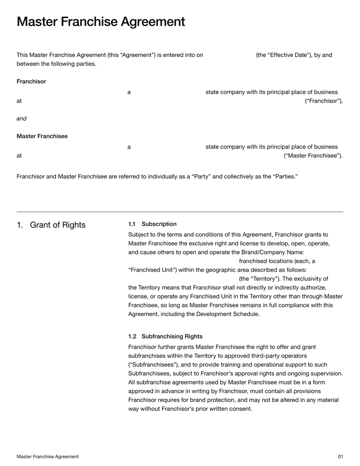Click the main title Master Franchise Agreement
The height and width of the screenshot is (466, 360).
pyautogui.click(x=101, y=22)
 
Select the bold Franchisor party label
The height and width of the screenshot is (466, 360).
pyautogui.click(x=31, y=81)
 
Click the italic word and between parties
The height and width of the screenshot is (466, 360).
pyautogui.click(x=22, y=119)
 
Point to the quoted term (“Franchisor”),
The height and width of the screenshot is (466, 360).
pyautogui.click(x=324, y=101)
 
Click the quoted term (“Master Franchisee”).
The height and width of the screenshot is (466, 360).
pyautogui.click(x=313, y=156)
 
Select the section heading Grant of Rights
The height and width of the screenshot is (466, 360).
pyautogui.click(x=57, y=225)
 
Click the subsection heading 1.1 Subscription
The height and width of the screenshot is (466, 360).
pyautogui.click(x=153, y=224)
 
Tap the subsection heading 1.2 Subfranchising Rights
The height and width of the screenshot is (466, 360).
pyautogui.click(x=165, y=336)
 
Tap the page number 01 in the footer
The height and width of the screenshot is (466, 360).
pyautogui.click(x=340, y=457)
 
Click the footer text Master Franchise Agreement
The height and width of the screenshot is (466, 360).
pyautogui.click(x=48, y=457)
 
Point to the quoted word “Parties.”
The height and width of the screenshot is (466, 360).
pyautogui.click(x=285, y=176)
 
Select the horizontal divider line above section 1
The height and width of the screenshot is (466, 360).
pyautogui.click(x=180, y=212)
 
